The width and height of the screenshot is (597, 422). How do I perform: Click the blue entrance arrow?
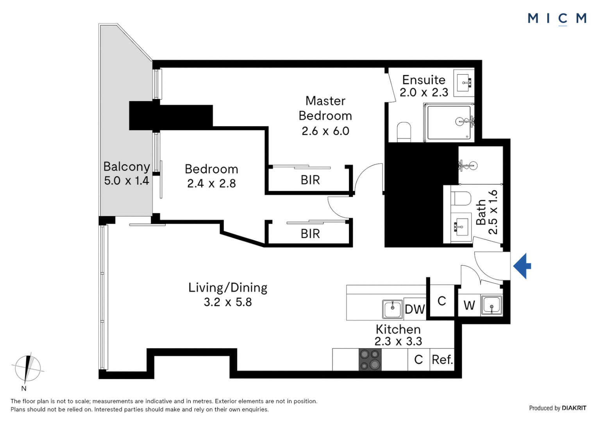coord(522,266)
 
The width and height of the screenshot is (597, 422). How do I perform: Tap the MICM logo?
coord(557,19)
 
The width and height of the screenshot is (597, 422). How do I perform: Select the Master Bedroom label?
coord(325,108)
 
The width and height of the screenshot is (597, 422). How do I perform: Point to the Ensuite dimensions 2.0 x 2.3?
coord(424,93)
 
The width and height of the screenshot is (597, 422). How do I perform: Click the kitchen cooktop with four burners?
coord(370,359)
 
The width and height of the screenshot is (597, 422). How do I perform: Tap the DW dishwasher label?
coord(415,309)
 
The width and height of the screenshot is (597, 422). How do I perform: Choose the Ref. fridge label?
coord(442,359)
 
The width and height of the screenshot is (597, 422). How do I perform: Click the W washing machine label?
coord(469,305)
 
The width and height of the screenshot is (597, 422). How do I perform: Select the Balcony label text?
coord(127,166)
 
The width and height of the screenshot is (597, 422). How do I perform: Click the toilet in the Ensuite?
coord(404,132)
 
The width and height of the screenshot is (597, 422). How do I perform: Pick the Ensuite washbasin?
coord(464,83)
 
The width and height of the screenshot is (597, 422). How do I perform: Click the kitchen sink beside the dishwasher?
coord(393,309)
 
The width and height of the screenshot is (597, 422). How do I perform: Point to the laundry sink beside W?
coord(492,305)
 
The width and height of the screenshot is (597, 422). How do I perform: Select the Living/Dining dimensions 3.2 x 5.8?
coord(228,302)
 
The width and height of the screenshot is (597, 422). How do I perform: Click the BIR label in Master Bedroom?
coord(310,180)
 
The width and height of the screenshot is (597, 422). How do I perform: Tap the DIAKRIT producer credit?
coord(574,408)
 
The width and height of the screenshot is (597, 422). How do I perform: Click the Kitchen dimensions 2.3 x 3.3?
coord(398,341)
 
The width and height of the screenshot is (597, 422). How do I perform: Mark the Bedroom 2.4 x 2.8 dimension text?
coord(211,183)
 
